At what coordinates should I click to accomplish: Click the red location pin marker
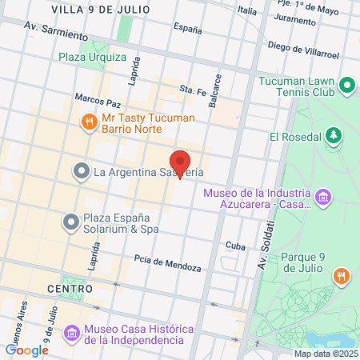181,163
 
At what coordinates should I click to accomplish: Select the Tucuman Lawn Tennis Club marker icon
347,85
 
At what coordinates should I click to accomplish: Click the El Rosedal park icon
334,136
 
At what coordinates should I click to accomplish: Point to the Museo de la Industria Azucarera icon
323,197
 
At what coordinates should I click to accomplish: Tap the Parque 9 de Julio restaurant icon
342,276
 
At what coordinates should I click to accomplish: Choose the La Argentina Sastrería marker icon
81,171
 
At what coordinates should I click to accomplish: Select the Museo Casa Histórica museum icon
71,332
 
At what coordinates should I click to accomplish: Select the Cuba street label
234,246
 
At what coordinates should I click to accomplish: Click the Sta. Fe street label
193,90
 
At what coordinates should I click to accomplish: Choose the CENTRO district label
70,288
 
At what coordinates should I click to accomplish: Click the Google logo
27,350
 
